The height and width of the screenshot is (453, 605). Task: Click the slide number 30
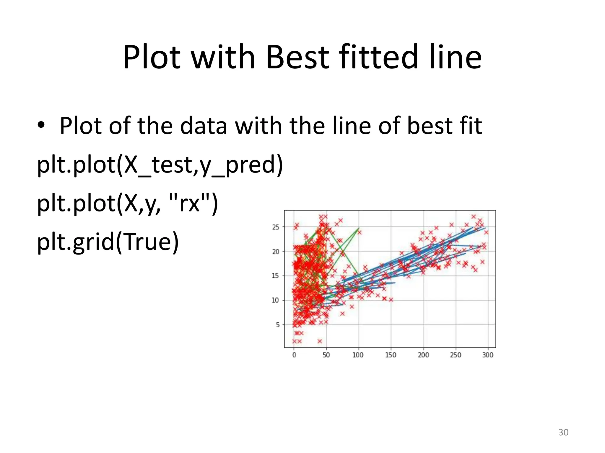pos(563,432)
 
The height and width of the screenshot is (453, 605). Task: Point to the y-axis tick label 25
pos(276,227)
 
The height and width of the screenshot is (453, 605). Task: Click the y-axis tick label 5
pos(277,325)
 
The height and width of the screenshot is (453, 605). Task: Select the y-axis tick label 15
pos(275,276)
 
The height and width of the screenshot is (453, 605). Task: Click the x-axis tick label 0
pos(294,355)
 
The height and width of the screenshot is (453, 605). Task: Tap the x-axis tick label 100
pos(358,355)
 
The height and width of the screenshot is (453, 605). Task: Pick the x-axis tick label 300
pos(488,355)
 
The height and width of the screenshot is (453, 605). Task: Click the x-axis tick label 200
pos(423,355)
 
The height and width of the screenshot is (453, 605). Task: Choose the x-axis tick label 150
pos(391,355)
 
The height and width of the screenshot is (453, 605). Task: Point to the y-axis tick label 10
pos(275,300)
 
